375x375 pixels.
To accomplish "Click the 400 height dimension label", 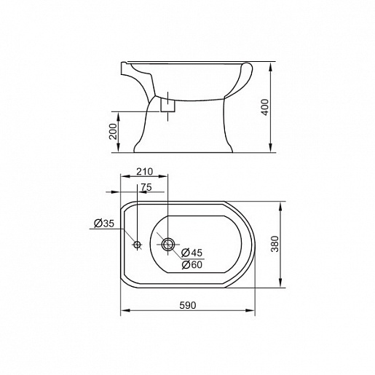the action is (x=266, y=107).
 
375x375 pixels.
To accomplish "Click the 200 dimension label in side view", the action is (x=113, y=131).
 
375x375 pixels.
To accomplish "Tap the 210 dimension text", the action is (x=144, y=172).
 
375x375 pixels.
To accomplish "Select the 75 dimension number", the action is (x=146, y=187).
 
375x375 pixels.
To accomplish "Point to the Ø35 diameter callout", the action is (x=104, y=224).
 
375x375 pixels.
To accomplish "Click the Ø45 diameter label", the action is (x=192, y=253).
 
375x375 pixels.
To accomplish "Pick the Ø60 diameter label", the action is (x=192, y=264).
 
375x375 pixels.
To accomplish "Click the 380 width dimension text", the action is (x=275, y=244).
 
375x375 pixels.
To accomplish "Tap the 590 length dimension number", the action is (x=188, y=305).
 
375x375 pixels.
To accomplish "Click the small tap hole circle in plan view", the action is (x=138, y=245).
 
